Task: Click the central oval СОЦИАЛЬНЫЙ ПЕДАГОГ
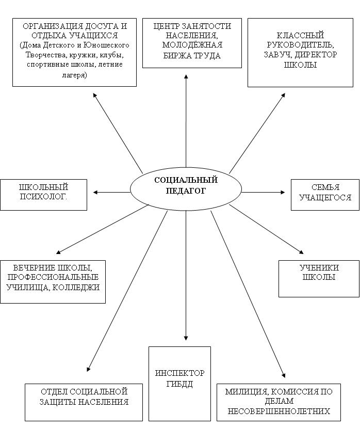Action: (186, 188)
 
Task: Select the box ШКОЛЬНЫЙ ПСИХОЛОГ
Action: (44, 195)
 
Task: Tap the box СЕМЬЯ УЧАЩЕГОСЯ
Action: (325, 195)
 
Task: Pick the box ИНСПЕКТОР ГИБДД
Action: (179, 384)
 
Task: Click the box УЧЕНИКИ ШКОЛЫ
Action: (319, 279)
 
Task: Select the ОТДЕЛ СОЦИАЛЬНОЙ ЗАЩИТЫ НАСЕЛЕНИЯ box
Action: (84, 402)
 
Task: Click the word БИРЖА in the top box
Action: (176, 55)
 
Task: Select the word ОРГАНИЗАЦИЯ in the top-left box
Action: (52, 26)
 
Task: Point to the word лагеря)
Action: (74, 75)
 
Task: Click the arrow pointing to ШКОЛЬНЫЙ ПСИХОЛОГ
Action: (112, 192)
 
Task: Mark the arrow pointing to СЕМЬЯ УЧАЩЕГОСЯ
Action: (263, 192)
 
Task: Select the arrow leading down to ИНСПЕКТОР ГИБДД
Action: (186, 275)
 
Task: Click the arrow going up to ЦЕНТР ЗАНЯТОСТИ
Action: (186, 121)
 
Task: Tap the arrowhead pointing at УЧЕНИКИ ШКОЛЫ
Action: (301, 251)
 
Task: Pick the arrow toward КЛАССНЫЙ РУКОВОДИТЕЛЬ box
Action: (257, 133)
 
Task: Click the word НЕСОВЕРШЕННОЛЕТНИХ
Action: (279, 411)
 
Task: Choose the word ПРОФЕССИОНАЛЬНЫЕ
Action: (53, 277)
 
